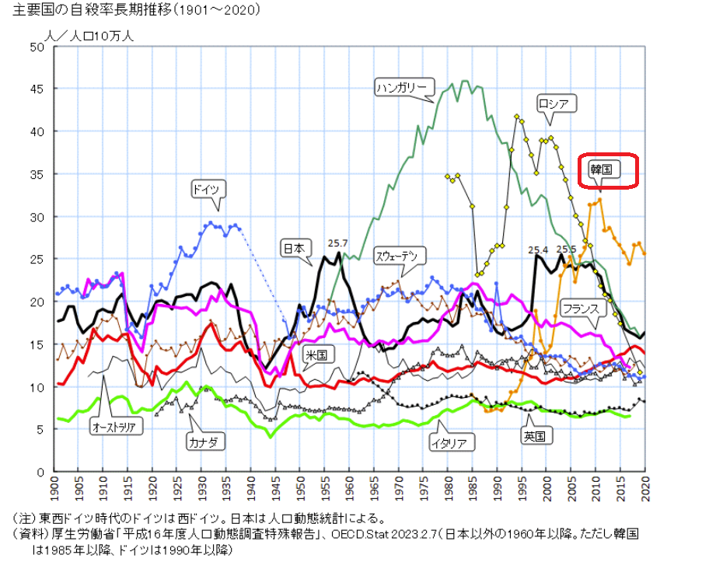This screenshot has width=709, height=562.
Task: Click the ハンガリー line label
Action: [401, 87]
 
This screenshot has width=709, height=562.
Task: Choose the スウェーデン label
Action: [400, 255]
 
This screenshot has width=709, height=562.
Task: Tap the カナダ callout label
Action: [206, 441]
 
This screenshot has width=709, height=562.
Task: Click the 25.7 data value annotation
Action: [338, 243]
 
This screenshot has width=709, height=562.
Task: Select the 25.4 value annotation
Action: [538, 250]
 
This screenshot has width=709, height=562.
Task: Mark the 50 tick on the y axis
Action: [37, 47]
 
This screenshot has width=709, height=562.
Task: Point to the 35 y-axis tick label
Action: [37, 174]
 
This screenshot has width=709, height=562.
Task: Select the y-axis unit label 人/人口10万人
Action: [89, 35]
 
